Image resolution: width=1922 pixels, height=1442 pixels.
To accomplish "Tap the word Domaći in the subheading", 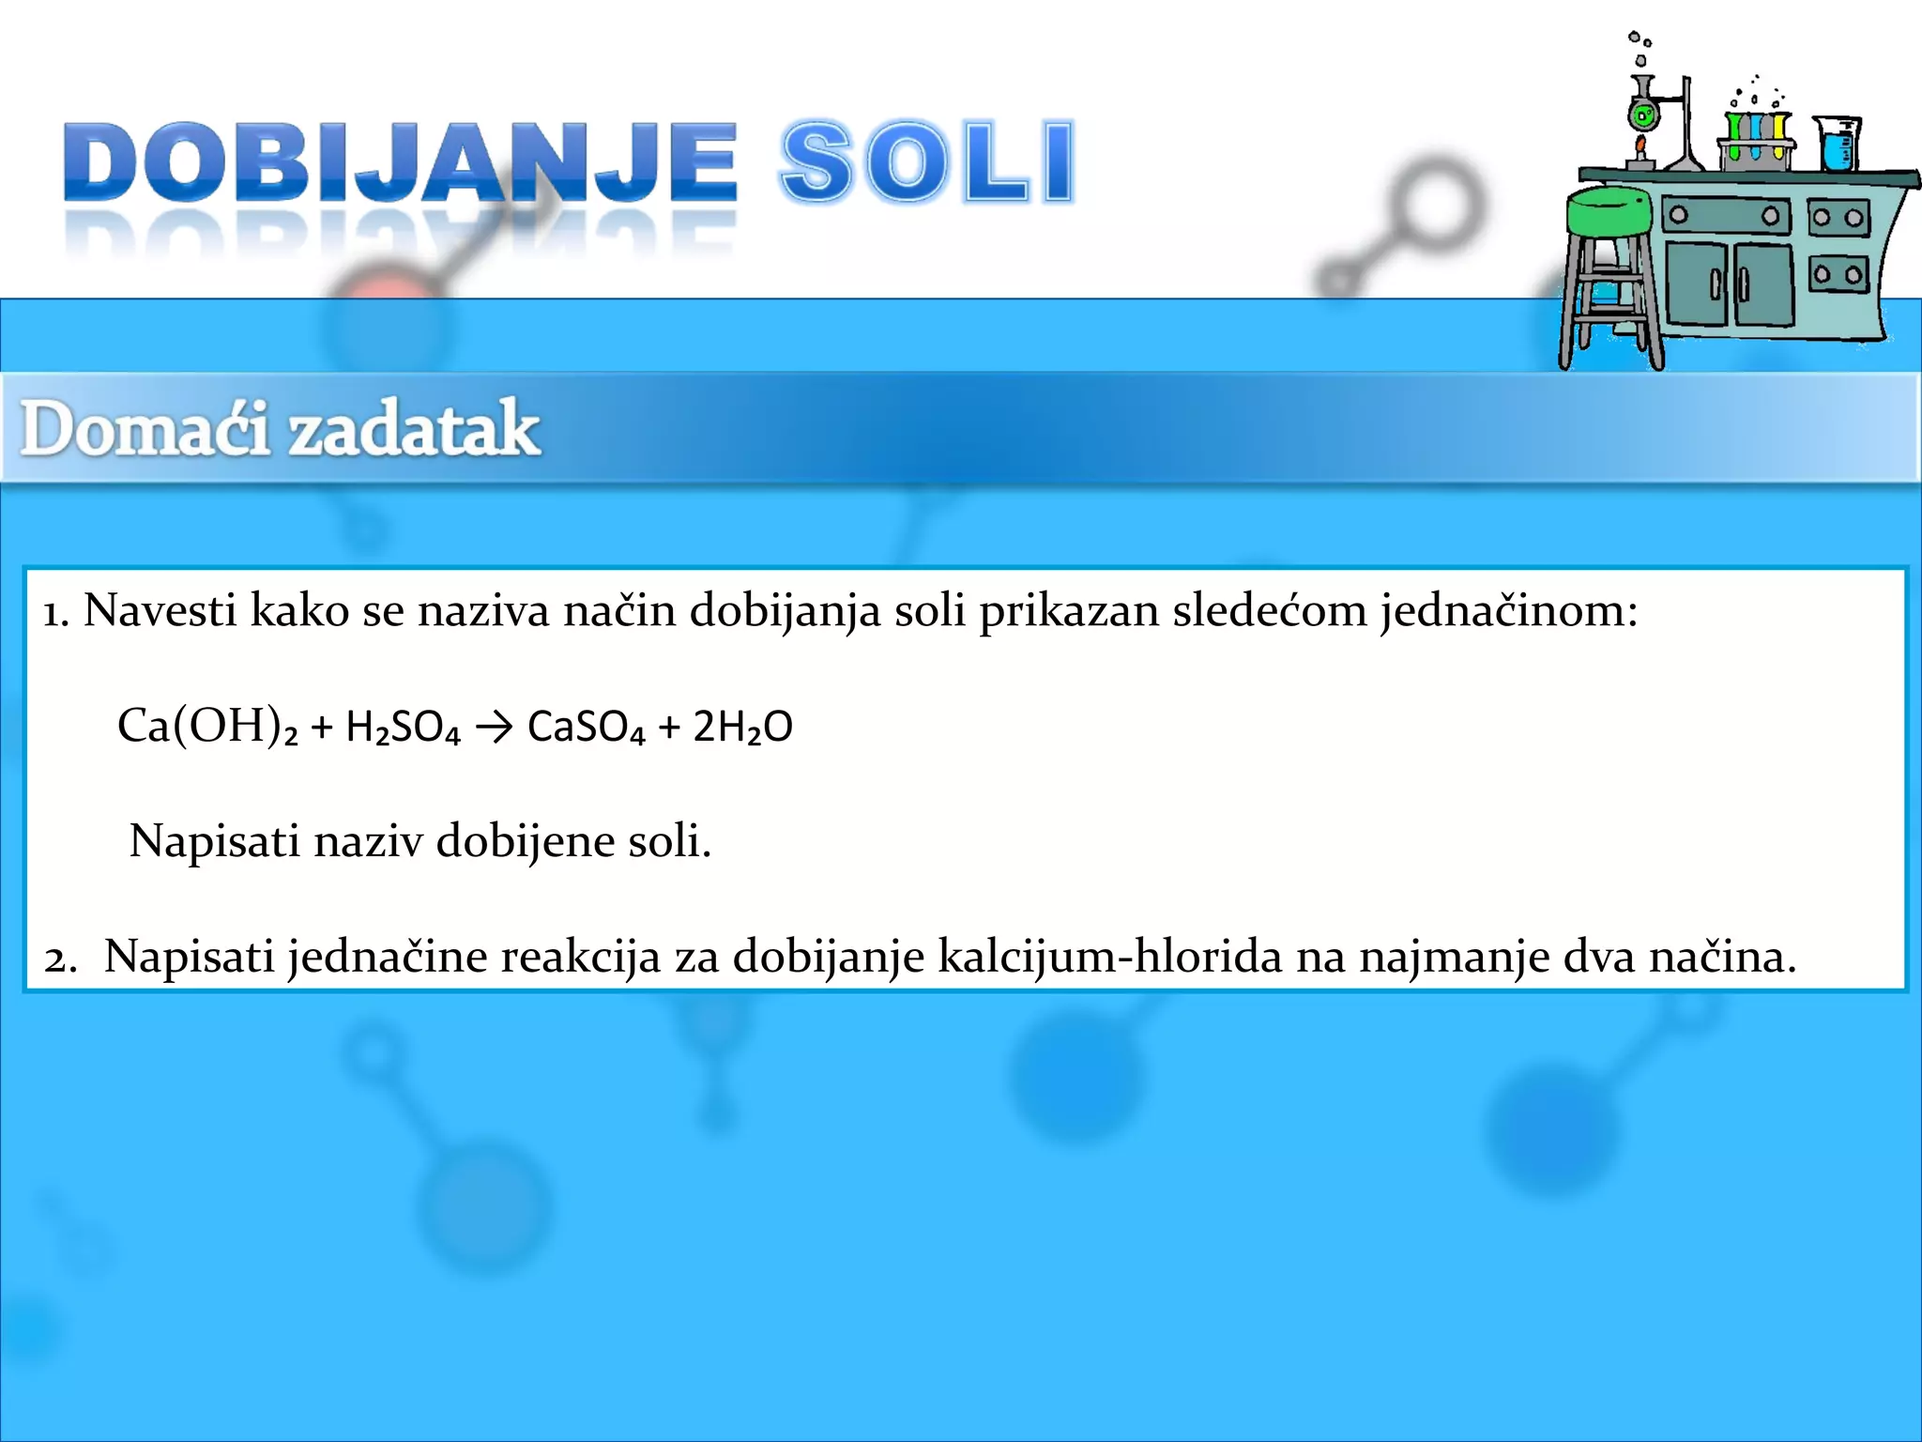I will tap(146, 429).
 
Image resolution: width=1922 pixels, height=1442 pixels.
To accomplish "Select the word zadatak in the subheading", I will tap(414, 429).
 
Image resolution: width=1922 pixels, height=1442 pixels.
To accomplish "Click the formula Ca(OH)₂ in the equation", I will tap(207, 726).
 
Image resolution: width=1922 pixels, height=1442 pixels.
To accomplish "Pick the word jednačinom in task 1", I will tap(1508, 611).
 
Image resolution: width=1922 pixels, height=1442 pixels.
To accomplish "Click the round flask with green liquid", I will tap(1642, 115).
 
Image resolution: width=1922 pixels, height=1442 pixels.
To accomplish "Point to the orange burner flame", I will tap(1640, 146).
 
